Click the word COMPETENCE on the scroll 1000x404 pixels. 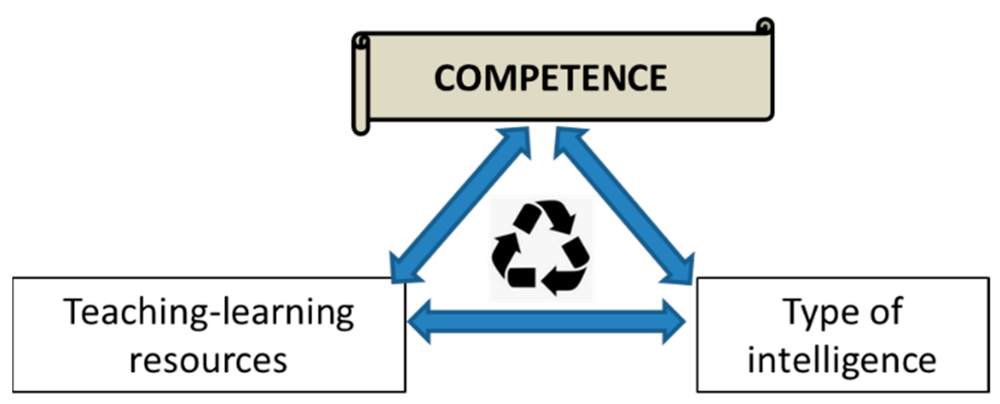[x=551, y=78]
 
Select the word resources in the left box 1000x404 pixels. [x=209, y=361]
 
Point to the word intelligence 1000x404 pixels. [x=842, y=361]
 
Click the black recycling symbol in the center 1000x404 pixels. [x=541, y=248]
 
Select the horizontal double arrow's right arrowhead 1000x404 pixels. [x=672, y=322]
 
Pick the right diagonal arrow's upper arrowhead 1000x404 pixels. [x=569, y=142]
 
